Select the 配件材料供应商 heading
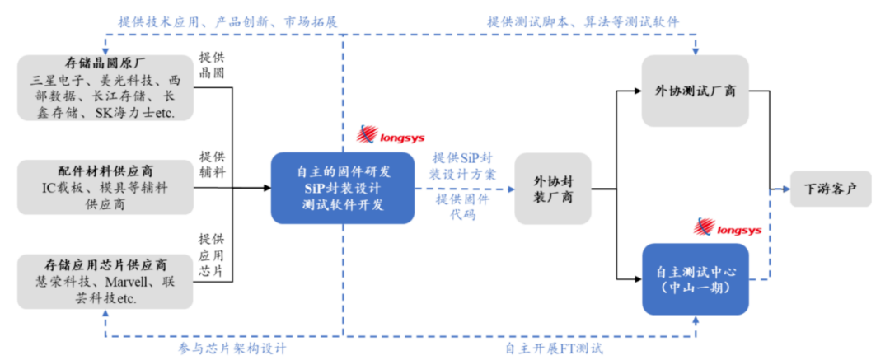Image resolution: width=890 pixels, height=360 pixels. coord(105,171)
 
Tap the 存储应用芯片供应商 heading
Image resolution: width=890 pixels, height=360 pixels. coord(105,264)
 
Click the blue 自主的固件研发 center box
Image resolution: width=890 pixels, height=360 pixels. coord(342,188)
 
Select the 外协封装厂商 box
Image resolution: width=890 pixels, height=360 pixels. coord(553,189)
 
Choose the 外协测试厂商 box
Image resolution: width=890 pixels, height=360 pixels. coord(696,91)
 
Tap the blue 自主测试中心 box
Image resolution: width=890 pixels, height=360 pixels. coord(696,279)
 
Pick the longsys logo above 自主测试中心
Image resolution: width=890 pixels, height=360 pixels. coord(727,227)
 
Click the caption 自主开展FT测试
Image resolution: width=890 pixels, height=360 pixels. coord(554,347)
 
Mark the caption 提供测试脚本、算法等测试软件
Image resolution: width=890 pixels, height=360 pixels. coord(583,22)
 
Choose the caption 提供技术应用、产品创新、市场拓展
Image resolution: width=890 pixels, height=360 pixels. coord(227,22)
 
